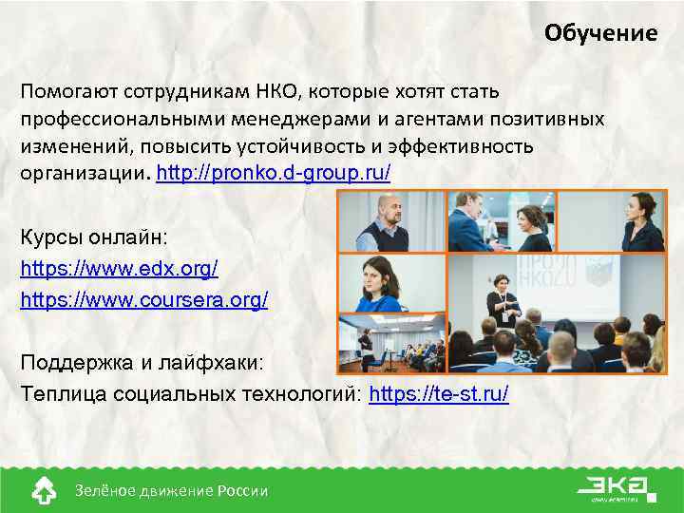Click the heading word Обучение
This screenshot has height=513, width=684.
coord(600,34)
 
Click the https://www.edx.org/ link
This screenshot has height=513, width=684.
coord(119,269)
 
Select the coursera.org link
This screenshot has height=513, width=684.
coord(144,300)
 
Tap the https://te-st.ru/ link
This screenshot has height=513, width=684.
coord(439,394)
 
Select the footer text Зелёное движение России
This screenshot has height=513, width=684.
coord(171,490)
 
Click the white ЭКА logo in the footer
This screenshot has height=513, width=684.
coord(617,486)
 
